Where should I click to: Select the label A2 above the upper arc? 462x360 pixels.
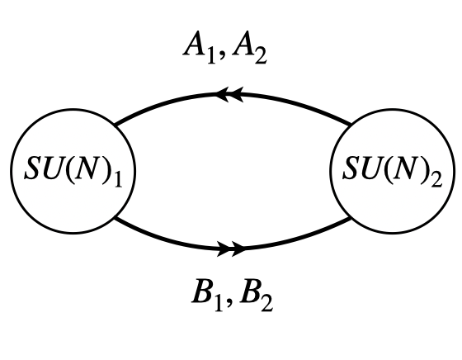(x=251, y=50)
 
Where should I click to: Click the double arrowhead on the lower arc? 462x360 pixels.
(x=233, y=247)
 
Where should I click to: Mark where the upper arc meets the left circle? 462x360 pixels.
(x=113, y=126)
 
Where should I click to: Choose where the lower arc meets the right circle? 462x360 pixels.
(x=350, y=220)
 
